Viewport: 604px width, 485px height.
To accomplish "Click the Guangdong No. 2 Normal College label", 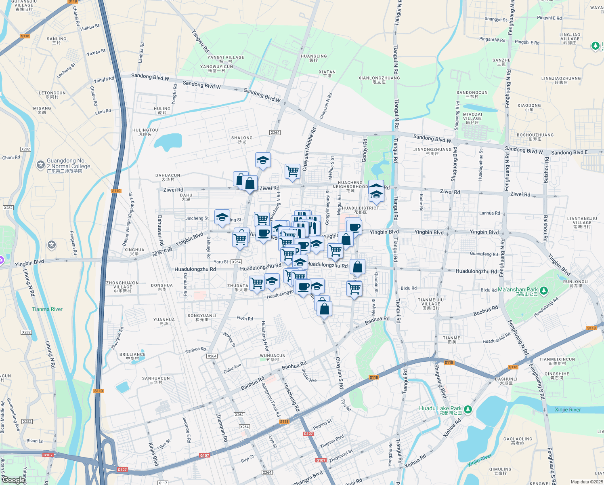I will [x=68, y=165].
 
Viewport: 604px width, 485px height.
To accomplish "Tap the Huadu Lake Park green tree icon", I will [x=468, y=410].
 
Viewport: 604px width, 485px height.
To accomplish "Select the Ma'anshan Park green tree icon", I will [x=544, y=291].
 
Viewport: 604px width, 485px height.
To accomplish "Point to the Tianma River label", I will [x=47, y=309].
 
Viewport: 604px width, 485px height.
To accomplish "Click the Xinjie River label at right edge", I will [x=568, y=409].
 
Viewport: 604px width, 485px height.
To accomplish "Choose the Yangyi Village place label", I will [x=226, y=59].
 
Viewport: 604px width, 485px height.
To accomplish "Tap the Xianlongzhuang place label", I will [x=379, y=80].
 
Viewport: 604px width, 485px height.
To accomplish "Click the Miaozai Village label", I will [x=472, y=118].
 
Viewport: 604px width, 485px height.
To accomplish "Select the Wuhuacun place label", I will [x=273, y=357].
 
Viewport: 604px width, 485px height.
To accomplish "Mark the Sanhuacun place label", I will [x=156, y=380].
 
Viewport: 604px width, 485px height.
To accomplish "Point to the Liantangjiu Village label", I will [x=582, y=222].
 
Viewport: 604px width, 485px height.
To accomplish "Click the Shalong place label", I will [x=242, y=139].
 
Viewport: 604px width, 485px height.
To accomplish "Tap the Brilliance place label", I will [x=132, y=356].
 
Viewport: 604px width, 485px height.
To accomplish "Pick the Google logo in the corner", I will [x=13, y=480].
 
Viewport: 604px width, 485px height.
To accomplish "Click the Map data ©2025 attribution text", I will [x=586, y=482].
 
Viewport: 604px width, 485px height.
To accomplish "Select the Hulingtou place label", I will [x=145, y=132].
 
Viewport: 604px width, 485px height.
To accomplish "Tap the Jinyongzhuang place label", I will [x=432, y=151].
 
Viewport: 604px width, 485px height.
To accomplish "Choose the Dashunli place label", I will [x=506, y=381].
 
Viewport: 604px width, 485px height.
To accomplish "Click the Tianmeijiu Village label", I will [x=430, y=304].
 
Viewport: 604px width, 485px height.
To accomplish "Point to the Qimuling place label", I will [x=500, y=471].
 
